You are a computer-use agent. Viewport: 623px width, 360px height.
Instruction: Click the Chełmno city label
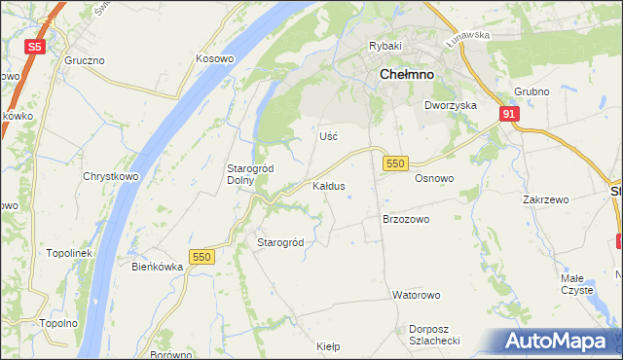coord(406,81)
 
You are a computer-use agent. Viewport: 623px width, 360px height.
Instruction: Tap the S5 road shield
coord(35,46)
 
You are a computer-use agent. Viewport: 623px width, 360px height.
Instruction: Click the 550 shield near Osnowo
coord(394,164)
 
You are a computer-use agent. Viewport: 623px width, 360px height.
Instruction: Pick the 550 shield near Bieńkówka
coord(202,256)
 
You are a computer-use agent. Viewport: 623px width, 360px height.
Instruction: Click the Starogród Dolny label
coord(250,174)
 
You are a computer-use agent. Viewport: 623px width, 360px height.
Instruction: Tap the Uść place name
coord(328,136)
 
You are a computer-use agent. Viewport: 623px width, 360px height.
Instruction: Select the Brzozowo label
coord(406,220)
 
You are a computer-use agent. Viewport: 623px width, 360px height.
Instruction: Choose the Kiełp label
coord(329,345)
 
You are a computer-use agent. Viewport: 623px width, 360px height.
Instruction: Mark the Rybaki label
coord(385,46)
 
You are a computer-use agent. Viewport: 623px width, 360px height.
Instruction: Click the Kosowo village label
coord(215,58)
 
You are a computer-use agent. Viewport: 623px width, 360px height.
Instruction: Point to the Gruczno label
coord(85,60)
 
